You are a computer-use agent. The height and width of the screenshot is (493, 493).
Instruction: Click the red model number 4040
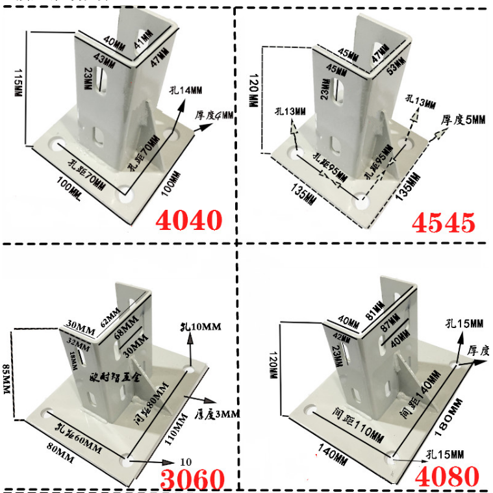click(188, 220)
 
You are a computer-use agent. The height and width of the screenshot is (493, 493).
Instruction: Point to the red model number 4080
click(448, 476)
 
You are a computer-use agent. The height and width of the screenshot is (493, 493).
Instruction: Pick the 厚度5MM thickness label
click(463, 120)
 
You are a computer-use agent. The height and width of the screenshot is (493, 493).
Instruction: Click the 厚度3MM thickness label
click(218, 413)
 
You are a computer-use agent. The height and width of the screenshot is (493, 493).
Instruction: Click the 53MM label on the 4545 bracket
click(394, 66)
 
